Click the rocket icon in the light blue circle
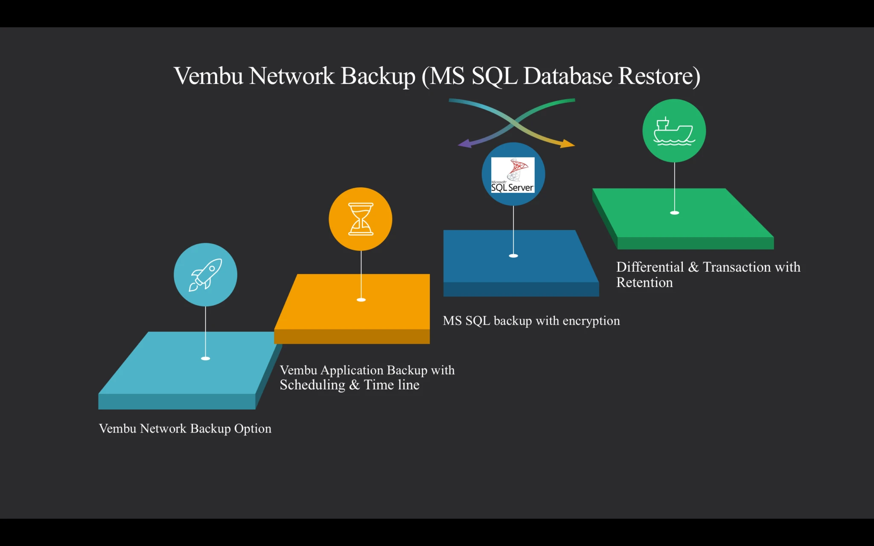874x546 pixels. tap(205, 275)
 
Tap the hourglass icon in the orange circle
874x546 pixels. tap(361, 219)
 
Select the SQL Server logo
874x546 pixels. tap(513, 175)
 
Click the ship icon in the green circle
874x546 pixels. tap(674, 131)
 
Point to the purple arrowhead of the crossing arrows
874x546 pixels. tap(464, 144)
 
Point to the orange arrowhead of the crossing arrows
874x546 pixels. tap(568, 144)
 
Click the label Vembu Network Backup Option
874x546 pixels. tap(185, 428)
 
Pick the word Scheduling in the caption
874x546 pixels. tap(312, 385)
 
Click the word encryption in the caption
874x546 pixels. tap(591, 321)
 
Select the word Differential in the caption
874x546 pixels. tap(650, 267)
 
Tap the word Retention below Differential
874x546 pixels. tap(644, 282)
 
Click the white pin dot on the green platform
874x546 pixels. tap(674, 212)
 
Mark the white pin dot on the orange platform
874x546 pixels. tap(361, 299)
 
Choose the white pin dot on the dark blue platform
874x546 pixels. tap(513, 256)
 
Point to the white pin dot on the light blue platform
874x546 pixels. tap(205, 358)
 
